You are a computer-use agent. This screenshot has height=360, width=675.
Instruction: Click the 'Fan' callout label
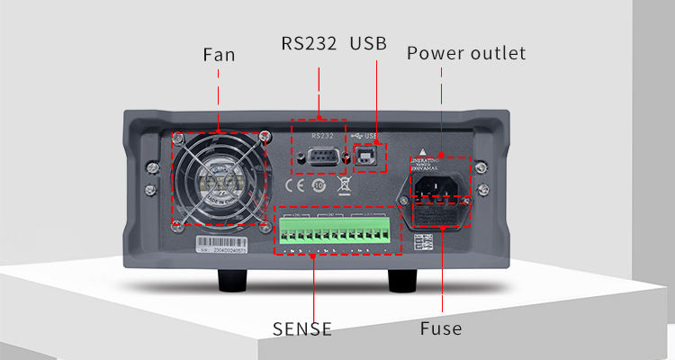219,54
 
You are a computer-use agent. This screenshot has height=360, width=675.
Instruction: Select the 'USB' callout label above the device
367,43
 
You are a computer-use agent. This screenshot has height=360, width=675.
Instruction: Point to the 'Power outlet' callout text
465,53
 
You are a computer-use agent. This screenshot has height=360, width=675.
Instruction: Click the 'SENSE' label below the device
302,328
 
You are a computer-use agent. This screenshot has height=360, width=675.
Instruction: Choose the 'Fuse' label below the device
441,328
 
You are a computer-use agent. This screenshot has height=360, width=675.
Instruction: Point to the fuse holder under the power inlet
438,220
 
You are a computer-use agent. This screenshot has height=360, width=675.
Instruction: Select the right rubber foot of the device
402,281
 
